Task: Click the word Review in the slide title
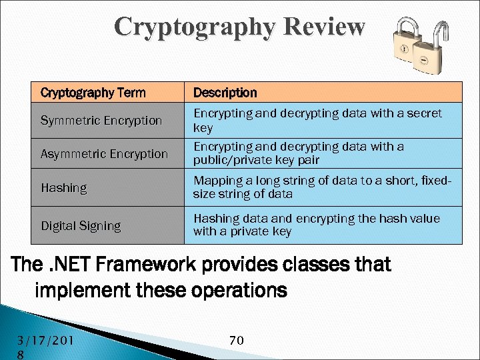324,27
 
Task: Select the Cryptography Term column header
93,93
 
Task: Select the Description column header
225,93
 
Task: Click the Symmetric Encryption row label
101,121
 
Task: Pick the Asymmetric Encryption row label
104,154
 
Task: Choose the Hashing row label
64,188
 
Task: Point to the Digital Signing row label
81,226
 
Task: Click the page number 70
236,341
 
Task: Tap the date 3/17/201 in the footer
45,341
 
